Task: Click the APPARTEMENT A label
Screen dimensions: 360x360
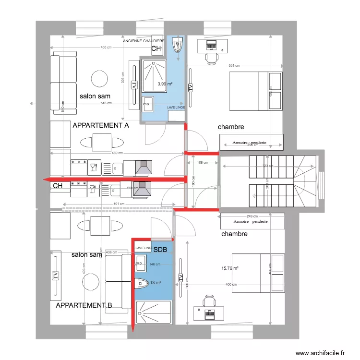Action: (100, 125)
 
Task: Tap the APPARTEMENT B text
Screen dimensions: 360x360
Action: (84, 305)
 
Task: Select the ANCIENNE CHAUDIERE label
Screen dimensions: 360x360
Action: (144, 42)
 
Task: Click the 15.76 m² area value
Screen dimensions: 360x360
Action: (230, 269)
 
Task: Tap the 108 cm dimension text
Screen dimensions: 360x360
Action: (203, 163)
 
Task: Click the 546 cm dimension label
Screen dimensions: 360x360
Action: (106, 103)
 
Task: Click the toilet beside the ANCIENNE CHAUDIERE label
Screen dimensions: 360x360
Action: (176, 46)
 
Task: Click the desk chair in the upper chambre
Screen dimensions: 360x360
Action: (211, 58)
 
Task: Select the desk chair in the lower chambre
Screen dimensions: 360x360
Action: (209, 301)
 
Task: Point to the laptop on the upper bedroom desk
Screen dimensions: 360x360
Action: (211, 46)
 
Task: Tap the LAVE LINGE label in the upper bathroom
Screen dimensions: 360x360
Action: (176, 108)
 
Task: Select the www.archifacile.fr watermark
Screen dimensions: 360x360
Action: (320, 353)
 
